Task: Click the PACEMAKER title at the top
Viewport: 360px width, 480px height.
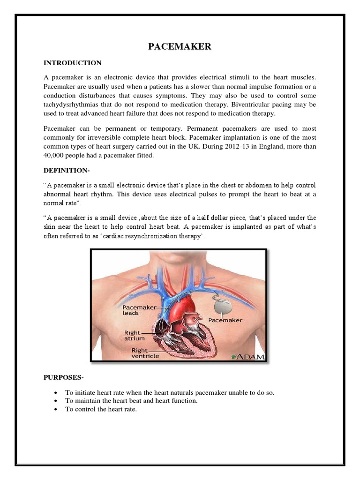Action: coord(180,46)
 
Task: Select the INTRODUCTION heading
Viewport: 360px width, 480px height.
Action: coord(72,63)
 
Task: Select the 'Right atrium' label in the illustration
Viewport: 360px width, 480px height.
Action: coord(134,335)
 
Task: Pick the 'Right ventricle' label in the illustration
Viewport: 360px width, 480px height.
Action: coord(145,352)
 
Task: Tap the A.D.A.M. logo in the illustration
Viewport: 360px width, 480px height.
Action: coord(248,357)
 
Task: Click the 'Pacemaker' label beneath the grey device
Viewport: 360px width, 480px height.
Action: coord(225,320)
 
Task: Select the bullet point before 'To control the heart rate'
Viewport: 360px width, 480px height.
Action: coord(56,409)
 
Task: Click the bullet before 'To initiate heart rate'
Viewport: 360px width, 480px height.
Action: coord(56,393)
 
